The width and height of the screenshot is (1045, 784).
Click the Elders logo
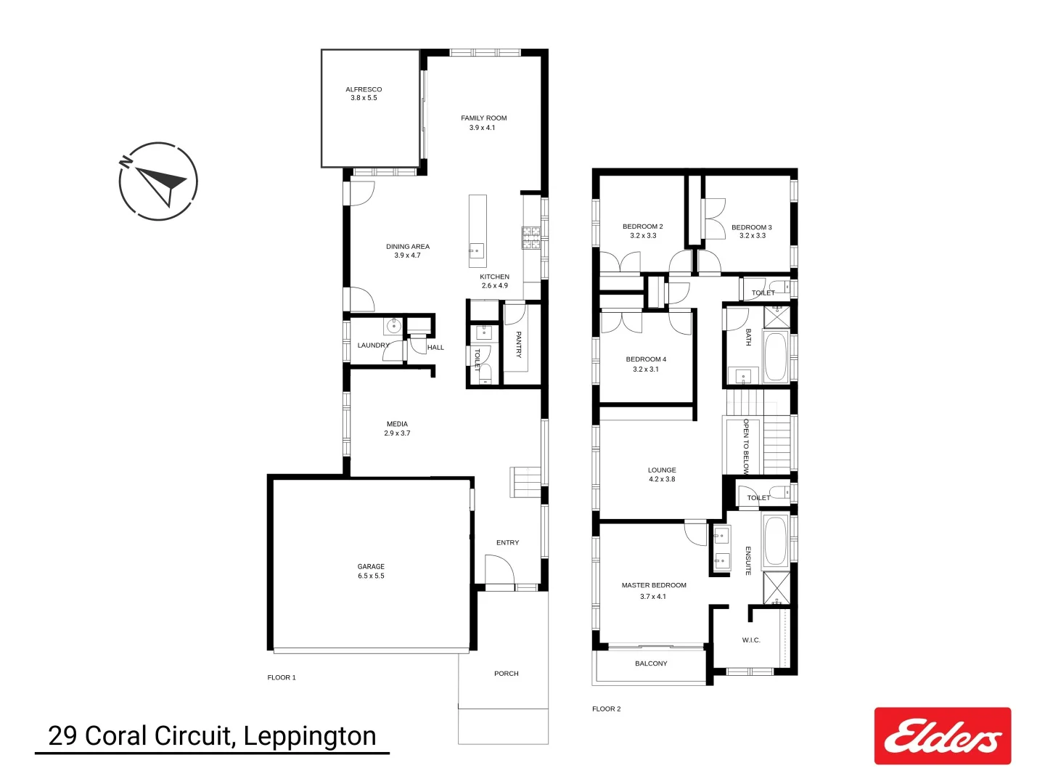pyautogui.click(x=942, y=735)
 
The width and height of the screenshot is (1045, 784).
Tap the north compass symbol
pyautogui.click(x=158, y=181)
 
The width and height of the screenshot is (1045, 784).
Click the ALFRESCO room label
pyautogui.click(x=364, y=94)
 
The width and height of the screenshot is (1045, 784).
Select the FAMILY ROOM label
pyautogui.click(x=483, y=123)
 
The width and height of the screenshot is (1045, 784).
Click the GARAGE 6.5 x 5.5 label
pyautogui.click(x=371, y=571)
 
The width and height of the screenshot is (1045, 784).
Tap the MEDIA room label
pyautogui.click(x=397, y=428)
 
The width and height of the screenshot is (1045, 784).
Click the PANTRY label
pyautogui.click(x=518, y=344)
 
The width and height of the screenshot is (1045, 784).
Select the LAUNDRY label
pyautogui.click(x=373, y=346)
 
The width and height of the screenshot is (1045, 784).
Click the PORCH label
pyautogui.click(x=507, y=674)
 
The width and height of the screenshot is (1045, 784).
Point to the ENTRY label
pyautogui.click(x=508, y=543)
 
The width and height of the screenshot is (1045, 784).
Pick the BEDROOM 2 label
pyautogui.click(x=643, y=231)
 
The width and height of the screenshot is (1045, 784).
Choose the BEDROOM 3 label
pyautogui.click(x=752, y=232)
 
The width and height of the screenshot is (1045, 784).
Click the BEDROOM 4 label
pyautogui.click(x=646, y=364)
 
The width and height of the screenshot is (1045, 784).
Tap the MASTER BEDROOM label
pyautogui.click(x=654, y=590)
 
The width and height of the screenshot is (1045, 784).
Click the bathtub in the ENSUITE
pyautogui.click(x=775, y=540)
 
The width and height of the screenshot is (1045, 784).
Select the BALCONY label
pyautogui.click(x=651, y=663)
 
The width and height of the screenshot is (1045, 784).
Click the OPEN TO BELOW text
pyautogui.click(x=745, y=446)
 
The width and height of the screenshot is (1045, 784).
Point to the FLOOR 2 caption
pyautogui.click(x=607, y=709)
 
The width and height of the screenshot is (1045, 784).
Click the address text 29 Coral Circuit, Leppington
pyautogui.click(x=212, y=736)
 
